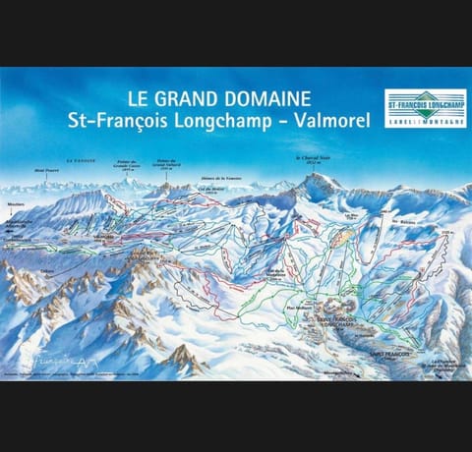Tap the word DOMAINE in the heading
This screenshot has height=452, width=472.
[274, 98]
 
